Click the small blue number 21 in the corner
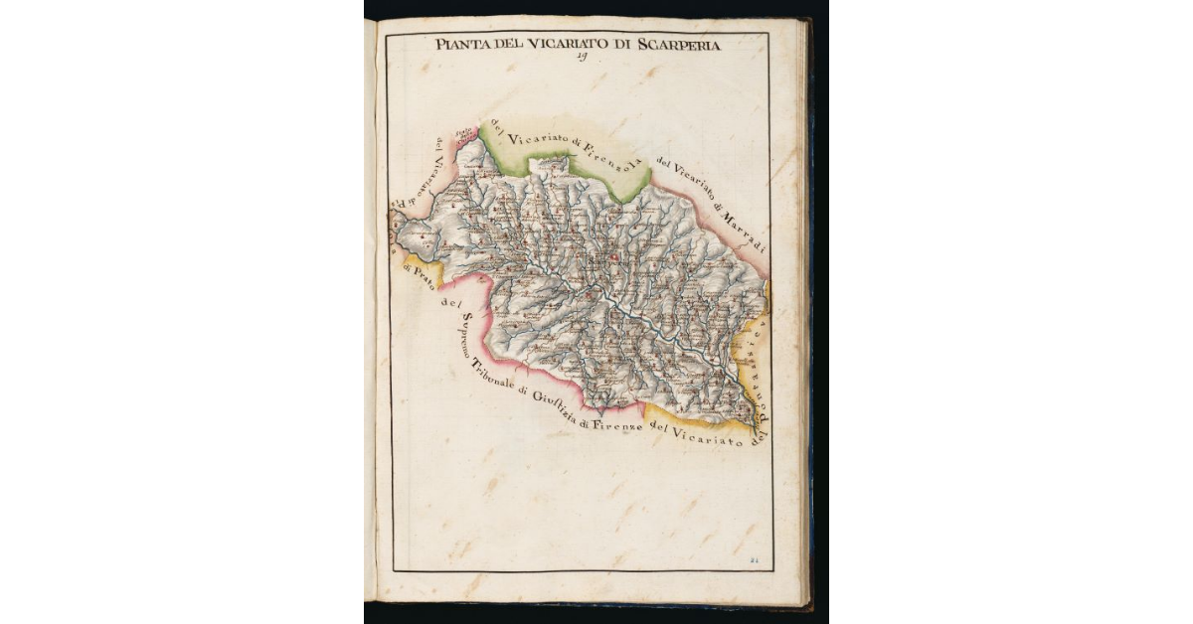tap(754, 561)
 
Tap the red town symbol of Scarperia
tap(614, 259)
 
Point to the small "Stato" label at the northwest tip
tap(462, 134)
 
